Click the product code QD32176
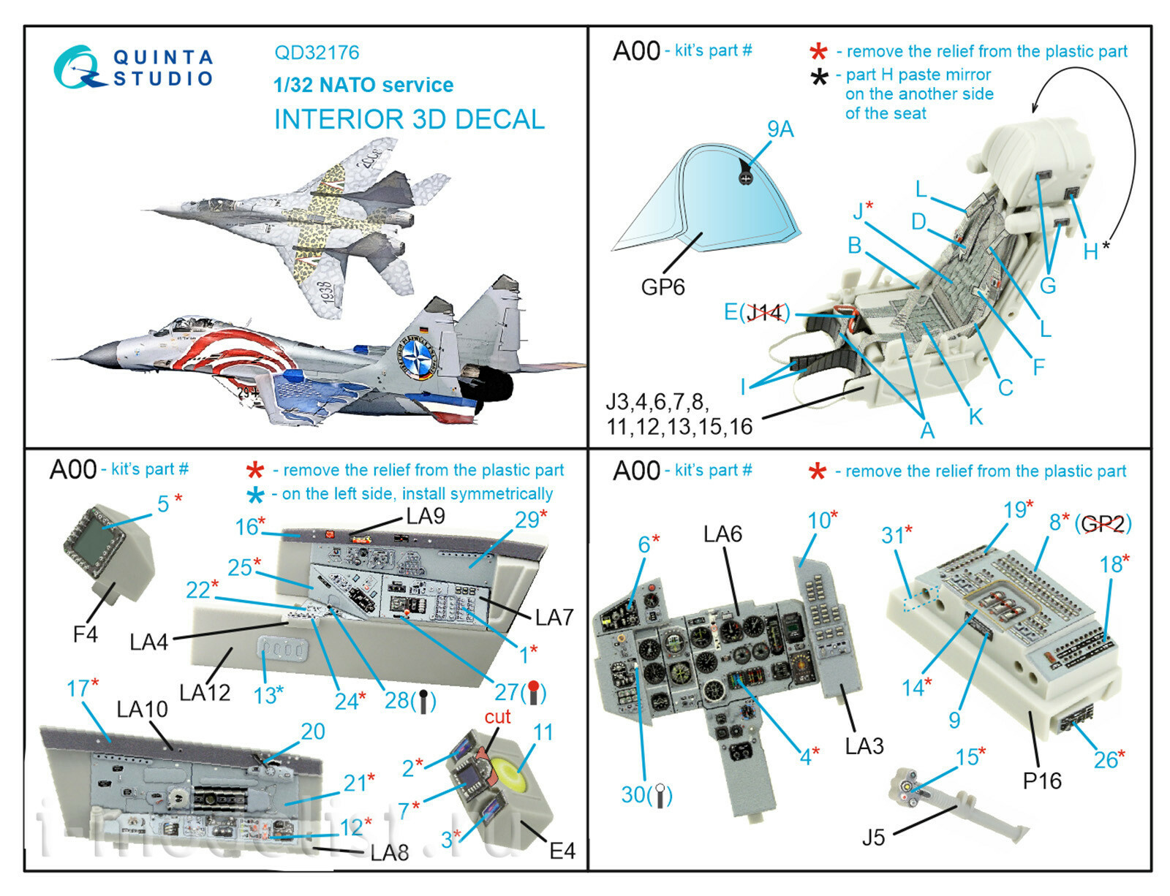coord(317,53)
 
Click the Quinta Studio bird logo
coord(78,68)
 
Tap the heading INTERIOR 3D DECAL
coord(409,119)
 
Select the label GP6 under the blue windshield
coord(663,287)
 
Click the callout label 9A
coord(780,129)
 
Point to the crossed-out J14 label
coord(765,313)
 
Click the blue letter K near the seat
coord(975,417)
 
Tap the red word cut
coord(497,717)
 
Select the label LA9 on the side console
coord(426,517)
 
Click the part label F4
coord(85,634)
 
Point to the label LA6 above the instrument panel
coord(722,534)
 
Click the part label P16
coord(1042,781)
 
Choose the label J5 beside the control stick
coord(873,838)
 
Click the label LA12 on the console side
coord(205,692)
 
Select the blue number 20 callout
coord(312,732)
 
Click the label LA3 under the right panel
coord(864,746)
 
